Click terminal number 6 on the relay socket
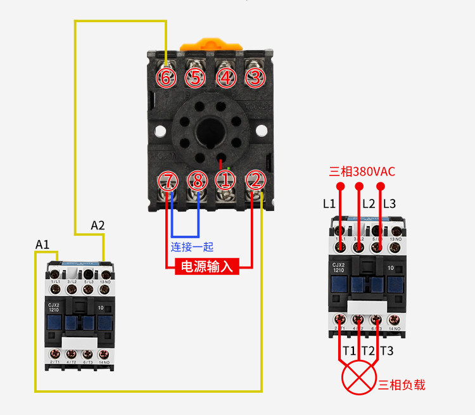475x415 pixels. [x=167, y=78]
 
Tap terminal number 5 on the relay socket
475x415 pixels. [x=196, y=78]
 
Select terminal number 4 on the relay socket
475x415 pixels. [x=225, y=78]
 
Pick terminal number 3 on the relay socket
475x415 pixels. [x=255, y=78]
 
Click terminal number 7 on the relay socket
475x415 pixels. [x=168, y=181]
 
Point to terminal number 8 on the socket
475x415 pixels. [x=198, y=181]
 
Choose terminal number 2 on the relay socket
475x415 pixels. [x=255, y=181]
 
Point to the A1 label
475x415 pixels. [x=42, y=245]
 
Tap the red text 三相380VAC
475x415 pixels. [x=362, y=171]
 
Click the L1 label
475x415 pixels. [x=329, y=204]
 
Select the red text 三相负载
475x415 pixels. [x=402, y=385]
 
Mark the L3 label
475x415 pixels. [x=389, y=204]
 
